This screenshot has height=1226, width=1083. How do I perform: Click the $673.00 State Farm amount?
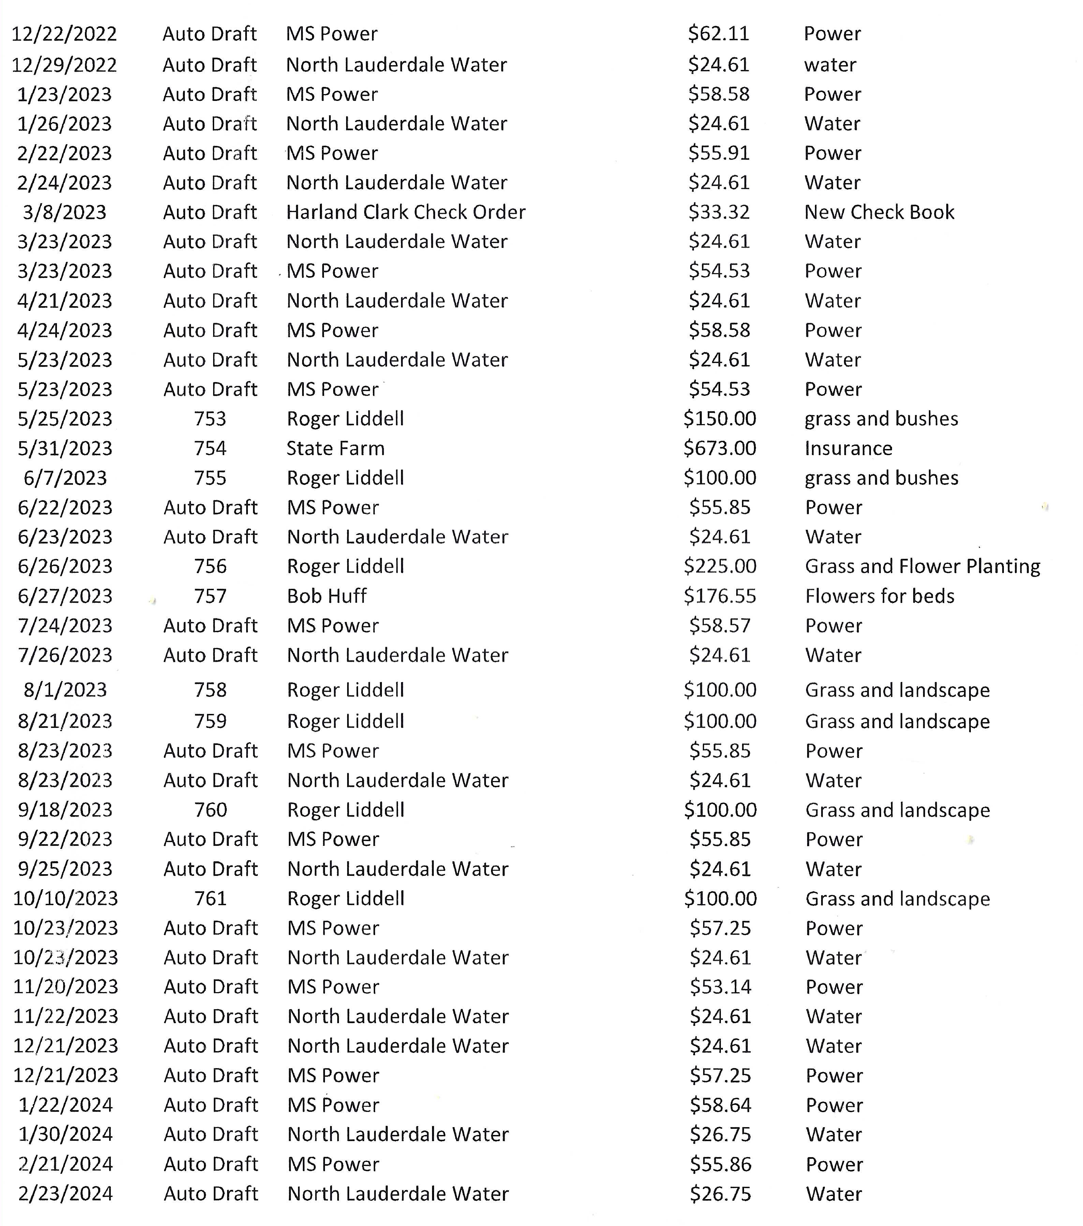pos(719,448)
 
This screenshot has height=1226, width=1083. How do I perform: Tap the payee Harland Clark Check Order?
pos(405,212)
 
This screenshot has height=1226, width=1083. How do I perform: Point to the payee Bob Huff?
pos(326,596)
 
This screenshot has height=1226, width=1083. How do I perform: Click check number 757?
pos(210,596)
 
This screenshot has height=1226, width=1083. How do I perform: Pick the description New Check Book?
pos(879,212)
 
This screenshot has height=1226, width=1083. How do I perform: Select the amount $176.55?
pos(719,596)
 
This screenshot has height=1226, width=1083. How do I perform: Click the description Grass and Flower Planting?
pos(922,566)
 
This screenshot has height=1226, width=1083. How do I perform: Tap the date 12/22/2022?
pos(64,34)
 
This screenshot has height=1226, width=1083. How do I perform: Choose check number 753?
pos(210,419)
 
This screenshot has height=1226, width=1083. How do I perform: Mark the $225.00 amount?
pos(719,566)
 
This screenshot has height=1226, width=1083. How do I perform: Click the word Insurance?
pos(848,448)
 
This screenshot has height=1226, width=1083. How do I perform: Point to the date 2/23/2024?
pos(65,1194)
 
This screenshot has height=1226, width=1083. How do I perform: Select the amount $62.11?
pos(719,34)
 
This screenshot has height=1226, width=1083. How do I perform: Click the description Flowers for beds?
pos(880,596)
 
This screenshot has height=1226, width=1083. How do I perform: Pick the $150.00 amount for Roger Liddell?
pos(719,419)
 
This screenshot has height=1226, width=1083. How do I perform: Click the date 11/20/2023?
pos(65,987)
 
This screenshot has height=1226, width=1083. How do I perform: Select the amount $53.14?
pos(720,987)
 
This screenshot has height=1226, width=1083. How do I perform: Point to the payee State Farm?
pos(336,448)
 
